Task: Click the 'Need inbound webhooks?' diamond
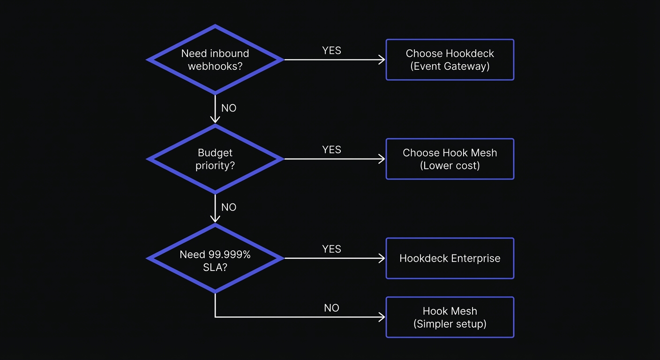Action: [215, 60]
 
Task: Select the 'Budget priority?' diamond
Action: [215, 159]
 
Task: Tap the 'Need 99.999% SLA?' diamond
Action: [215, 258]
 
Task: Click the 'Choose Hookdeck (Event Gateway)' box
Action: [450, 60]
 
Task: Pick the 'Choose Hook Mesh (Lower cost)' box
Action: [450, 159]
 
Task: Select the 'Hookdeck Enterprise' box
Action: [450, 258]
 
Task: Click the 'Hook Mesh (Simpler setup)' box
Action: [450, 317]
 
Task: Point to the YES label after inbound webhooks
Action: [331, 51]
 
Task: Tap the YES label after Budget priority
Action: [331, 150]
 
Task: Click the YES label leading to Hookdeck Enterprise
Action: [331, 249]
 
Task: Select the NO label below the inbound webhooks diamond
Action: [229, 108]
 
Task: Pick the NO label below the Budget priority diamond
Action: [229, 208]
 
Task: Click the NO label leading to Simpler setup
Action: [331, 308]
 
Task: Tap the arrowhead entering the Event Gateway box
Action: [382, 60]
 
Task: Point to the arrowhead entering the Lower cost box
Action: [382, 159]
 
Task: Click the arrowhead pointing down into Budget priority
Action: [215, 120]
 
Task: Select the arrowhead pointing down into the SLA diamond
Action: [215, 219]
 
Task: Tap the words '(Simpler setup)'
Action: [450, 324]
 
